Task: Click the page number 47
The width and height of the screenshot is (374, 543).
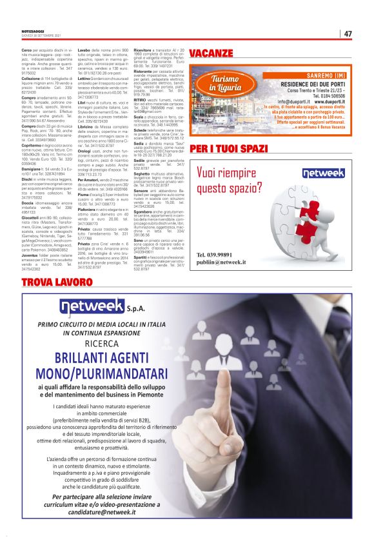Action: (347, 34)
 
